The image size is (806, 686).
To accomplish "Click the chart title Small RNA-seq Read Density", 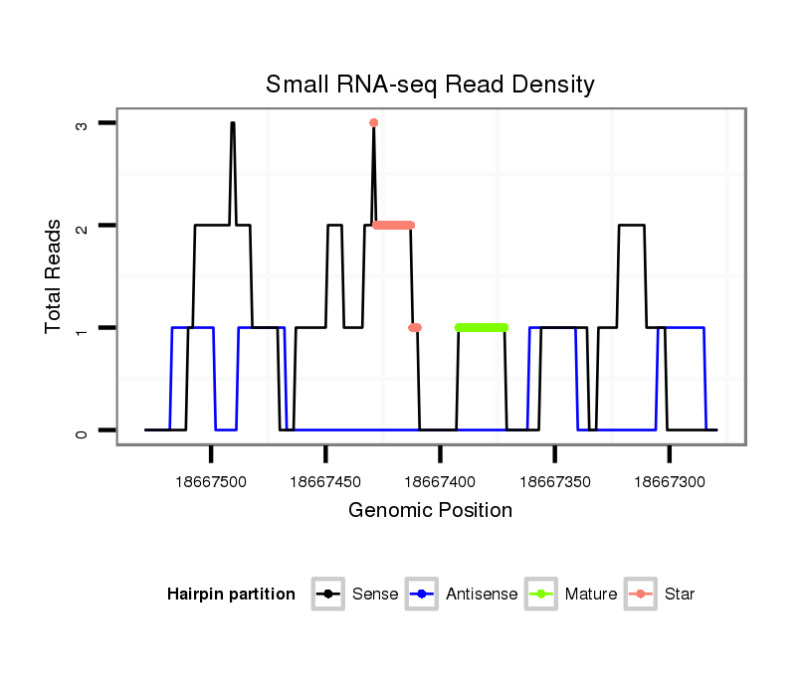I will (x=430, y=85).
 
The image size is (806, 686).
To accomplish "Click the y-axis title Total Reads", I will (x=54, y=276).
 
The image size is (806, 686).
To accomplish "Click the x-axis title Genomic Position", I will (x=430, y=511).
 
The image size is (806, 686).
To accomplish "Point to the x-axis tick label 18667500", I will (x=211, y=482).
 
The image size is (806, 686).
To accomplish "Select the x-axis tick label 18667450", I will (x=325, y=482).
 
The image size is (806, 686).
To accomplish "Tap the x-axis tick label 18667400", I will (x=440, y=482).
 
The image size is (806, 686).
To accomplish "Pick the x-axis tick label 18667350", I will (x=554, y=482).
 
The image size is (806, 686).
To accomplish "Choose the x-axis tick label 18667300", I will (x=669, y=482).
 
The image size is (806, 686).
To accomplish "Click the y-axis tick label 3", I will (x=83, y=124).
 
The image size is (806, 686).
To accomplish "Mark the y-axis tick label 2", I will (x=83, y=227).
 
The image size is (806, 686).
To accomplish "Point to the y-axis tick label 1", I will (x=83, y=329).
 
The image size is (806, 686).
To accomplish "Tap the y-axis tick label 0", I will (x=83, y=431).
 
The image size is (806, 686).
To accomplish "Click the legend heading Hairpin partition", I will (x=231, y=595).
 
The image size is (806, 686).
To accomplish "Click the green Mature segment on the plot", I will (x=482, y=327).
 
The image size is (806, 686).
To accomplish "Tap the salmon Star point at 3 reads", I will (x=373, y=123).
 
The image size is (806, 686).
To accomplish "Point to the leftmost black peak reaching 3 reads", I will (x=233, y=124).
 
